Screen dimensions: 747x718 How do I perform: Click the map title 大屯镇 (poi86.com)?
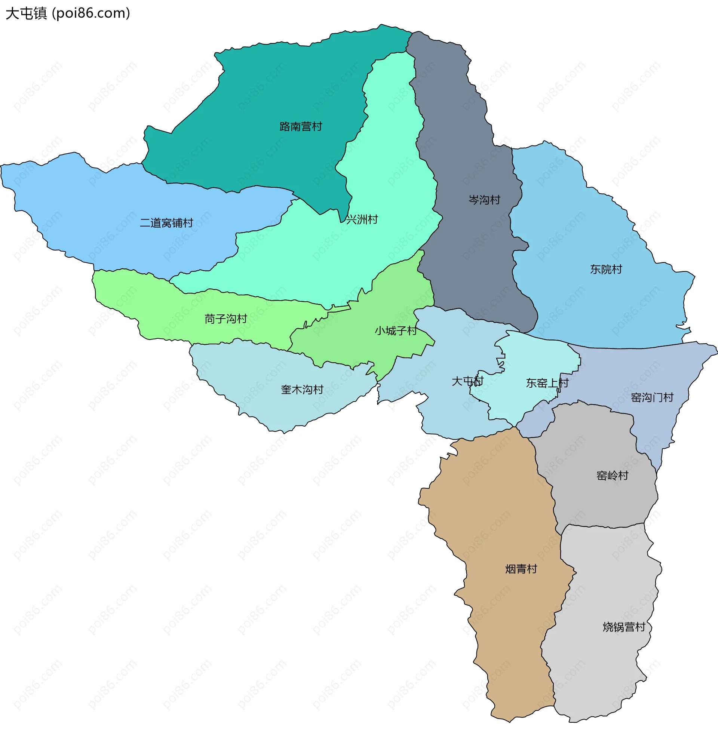[x=68, y=13]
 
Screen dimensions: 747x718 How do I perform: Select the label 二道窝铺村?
[x=166, y=223]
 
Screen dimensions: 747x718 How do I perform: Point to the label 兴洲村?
[x=362, y=219]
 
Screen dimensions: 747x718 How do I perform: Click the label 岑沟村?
[x=484, y=200]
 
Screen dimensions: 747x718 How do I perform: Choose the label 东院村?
[x=605, y=270]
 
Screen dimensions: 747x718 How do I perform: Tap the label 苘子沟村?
[x=226, y=319]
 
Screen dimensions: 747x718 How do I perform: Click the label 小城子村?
[x=395, y=331]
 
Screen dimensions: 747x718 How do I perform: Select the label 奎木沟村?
[x=302, y=390]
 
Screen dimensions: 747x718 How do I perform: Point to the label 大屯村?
[x=467, y=381]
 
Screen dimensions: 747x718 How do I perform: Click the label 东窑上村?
[x=547, y=383]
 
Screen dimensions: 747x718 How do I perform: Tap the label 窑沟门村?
[x=652, y=397]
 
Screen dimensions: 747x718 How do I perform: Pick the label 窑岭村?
[x=612, y=476]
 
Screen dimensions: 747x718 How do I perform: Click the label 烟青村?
[x=521, y=569]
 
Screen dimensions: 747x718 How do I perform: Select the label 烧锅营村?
[x=623, y=627]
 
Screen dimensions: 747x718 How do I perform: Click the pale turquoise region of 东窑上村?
[x=541, y=358]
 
